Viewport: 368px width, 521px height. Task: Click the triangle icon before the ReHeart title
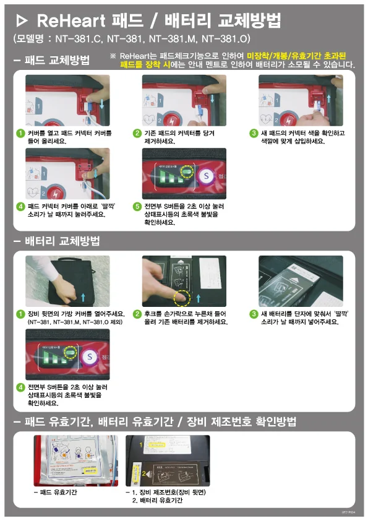(21, 22)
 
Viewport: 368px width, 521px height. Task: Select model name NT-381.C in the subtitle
(77, 39)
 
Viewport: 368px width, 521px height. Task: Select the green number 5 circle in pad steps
(137, 206)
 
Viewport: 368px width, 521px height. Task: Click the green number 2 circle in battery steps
(137, 314)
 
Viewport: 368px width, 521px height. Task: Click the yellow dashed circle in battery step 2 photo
(181, 298)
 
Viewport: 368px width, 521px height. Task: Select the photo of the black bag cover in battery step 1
(67, 282)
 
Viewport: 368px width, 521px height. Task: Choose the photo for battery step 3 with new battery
(300, 282)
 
